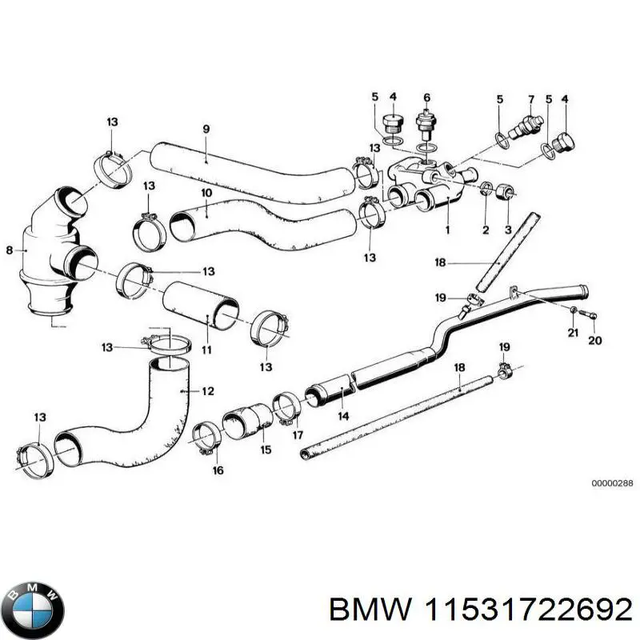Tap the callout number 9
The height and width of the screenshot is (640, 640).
click(206, 130)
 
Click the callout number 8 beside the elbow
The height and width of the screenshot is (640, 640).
click(10, 250)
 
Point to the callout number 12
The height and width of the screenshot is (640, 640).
click(208, 391)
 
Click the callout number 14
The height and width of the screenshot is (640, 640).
click(343, 416)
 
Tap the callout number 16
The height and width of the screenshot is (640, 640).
click(218, 471)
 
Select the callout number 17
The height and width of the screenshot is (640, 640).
click(298, 435)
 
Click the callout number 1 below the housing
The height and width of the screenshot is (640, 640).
click(447, 230)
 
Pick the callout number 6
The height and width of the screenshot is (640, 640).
click(426, 98)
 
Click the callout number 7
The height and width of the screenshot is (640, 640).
click(530, 98)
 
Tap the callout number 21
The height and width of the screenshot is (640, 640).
click(573, 333)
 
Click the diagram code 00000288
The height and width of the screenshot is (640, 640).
click(612, 484)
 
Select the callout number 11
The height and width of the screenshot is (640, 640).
click(206, 350)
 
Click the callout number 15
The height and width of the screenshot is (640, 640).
click(266, 450)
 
